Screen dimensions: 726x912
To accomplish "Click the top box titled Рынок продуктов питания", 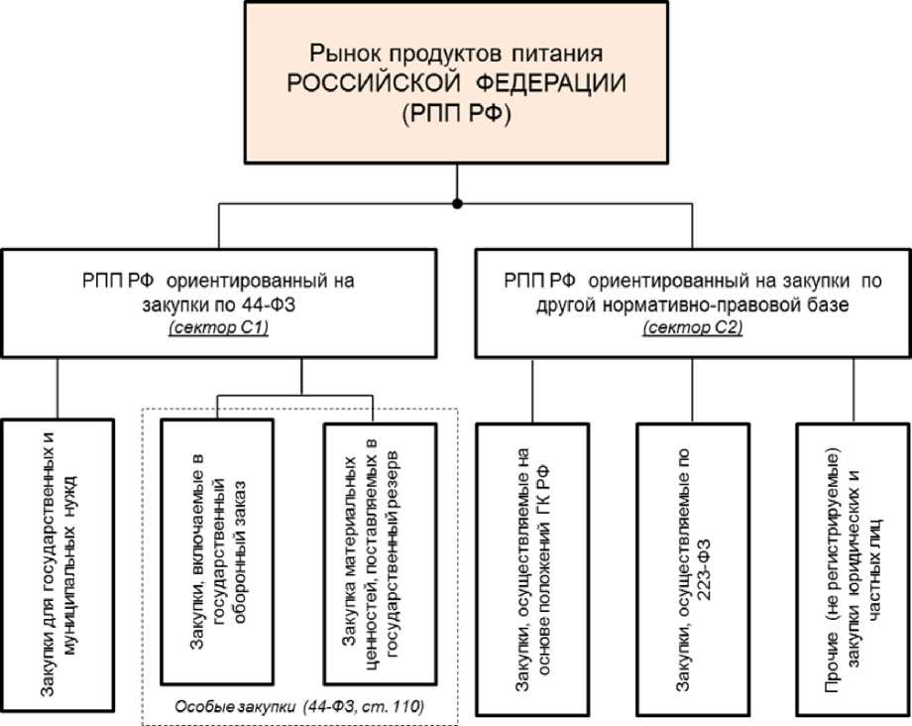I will point(455,81).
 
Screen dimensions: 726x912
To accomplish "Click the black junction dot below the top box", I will point(456,203).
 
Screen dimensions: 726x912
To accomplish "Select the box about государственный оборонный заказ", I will point(215,551).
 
